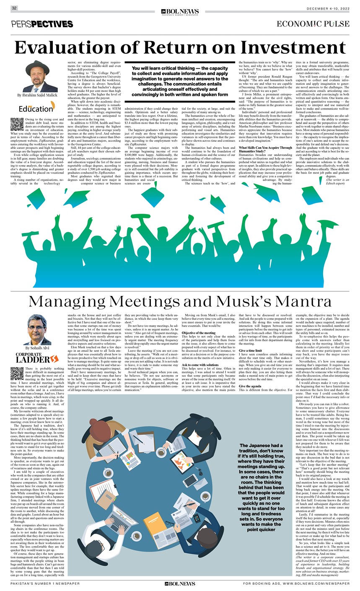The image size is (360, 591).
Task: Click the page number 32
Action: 14,8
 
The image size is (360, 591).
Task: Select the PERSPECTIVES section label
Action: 42,24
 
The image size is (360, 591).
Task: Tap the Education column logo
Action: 36,108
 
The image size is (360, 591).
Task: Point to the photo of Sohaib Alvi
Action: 40,329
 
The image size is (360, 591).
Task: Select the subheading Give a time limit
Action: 251,350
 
